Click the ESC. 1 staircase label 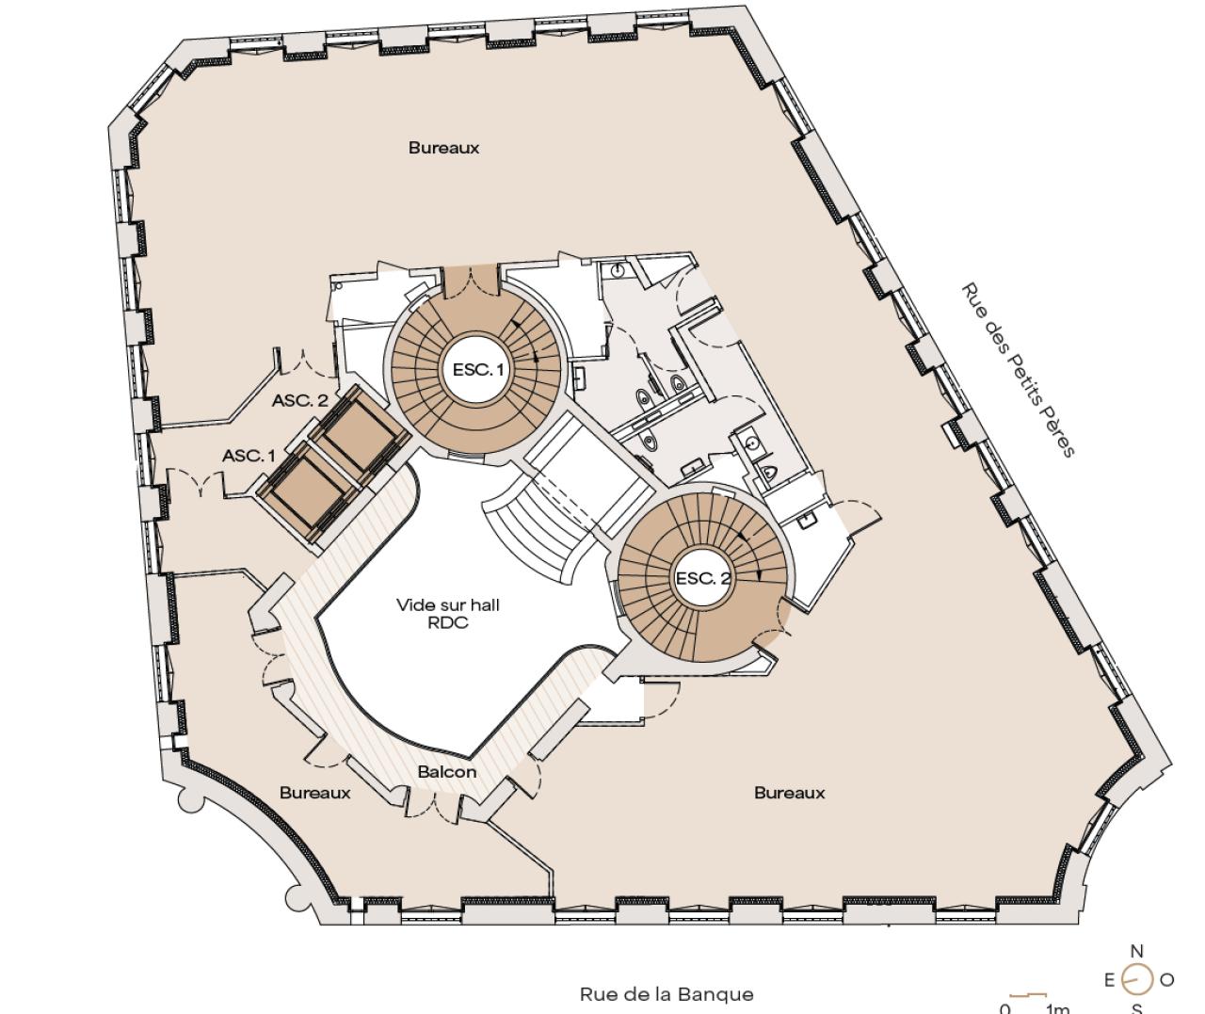[478, 369]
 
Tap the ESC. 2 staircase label [703, 578]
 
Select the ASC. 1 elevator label [249, 456]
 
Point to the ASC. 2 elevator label [300, 400]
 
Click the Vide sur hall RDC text [448, 614]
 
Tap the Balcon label [447, 772]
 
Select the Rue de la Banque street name [667, 994]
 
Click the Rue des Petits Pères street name [1019, 370]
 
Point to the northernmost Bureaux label [443, 148]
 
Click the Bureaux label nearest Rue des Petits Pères [790, 793]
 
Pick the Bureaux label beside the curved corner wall [314, 793]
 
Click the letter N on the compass [1136, 951]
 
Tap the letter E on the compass [1109, 980]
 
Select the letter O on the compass [1167, 980]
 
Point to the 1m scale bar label [1058, 1008]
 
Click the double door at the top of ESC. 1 [471, 282]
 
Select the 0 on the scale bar [1005, 1008]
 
